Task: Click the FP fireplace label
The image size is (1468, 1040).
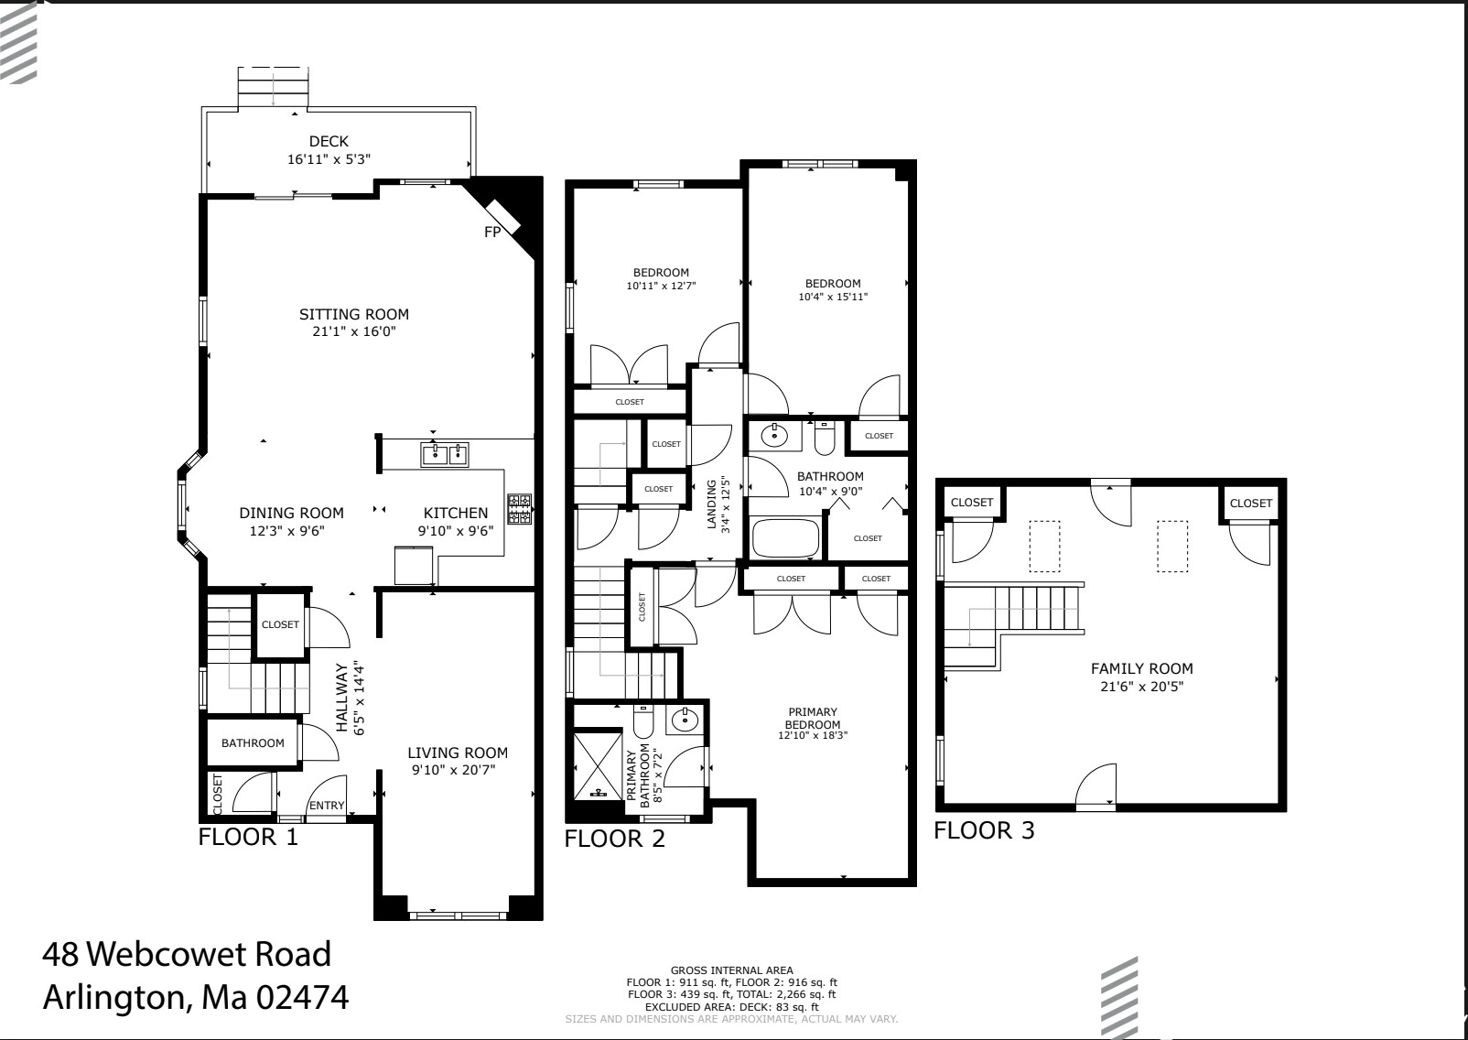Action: point(492,233)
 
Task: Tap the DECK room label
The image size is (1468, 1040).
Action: point(329,141)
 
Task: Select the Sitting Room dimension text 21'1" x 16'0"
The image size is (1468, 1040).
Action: point(353,331)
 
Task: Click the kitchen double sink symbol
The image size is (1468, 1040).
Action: point(445,453)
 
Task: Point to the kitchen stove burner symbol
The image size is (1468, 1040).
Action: point(520,510)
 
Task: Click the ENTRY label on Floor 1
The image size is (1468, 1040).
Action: point(327,806)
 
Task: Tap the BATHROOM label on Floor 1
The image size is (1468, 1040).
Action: point(253,742)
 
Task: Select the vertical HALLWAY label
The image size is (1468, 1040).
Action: point(341,698)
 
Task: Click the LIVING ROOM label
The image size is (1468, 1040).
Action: point(457,753)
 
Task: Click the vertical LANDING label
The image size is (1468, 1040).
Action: point(712,504)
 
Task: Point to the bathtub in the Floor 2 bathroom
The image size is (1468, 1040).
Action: point(785,538)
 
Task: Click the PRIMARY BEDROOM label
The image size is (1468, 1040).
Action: point(813,718)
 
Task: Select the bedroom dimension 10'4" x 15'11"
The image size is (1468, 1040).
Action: point(833,297)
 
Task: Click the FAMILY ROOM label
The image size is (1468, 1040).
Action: point(1141,668)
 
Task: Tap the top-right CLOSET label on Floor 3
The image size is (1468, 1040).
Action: point(1250,503)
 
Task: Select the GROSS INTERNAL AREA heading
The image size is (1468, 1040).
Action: point(731,970)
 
